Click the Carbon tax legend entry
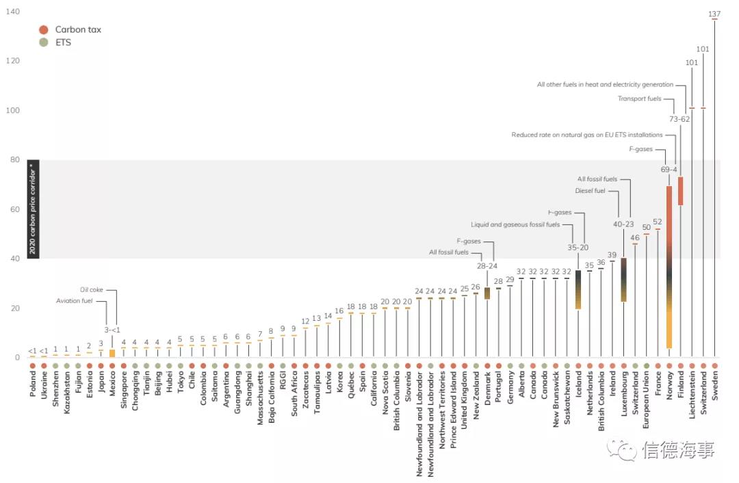click(72, 29)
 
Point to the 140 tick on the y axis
click(12, 12)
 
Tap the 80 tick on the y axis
click(14, 160)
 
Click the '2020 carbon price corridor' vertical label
click(33, 209)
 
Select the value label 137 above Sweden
click(714, 14)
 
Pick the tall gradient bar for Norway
click(669, 267)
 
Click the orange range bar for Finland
click(680, 191)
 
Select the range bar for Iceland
click(578, 289)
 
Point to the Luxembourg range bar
click(623, 279)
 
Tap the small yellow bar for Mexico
click(112, 353)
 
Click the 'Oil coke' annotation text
click(90, 289)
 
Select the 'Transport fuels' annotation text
click(640, 99)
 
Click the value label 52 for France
click(658, 222)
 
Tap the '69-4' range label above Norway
click(669, 169)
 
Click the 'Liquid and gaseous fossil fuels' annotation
click(515, 224)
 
